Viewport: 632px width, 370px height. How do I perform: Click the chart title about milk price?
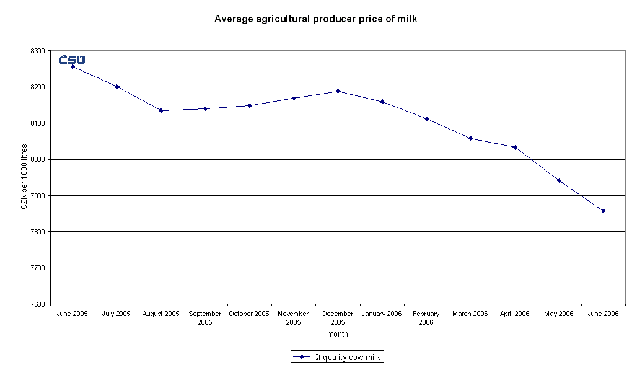click(x=315, y=19)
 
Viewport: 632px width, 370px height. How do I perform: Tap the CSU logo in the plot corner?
click(x=72, y=59)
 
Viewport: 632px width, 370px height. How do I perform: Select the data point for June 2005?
click(x=72, y=66)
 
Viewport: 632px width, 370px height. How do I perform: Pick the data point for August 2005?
click(x=161, y=110)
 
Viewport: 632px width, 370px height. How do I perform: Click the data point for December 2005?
click(x=338, y=91)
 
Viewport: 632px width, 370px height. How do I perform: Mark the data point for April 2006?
click(x=515, y=147)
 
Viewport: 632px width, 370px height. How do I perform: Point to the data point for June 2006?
click(x=603, y=211)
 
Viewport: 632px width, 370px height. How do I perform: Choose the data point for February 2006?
click(x=426, y=118)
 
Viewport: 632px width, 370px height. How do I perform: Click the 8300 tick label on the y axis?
click(x=38, y=51)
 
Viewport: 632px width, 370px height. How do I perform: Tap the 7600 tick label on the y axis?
click(x=38, y=304)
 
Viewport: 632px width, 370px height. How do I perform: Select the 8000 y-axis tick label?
click(x=38, y=159)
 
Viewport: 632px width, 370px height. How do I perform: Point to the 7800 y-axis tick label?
click(x=38, y=232)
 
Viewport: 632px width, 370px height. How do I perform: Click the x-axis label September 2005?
click(x=205, y=318)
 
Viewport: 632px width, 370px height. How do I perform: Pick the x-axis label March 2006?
click(x=470, y=314)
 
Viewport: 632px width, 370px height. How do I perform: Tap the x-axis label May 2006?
click(x=559, y=314)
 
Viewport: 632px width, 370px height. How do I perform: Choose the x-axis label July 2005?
click(x=116, y=314)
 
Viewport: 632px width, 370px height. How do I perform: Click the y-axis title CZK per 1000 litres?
click(x=24, y=177)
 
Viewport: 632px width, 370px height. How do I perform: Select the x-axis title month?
click(x=338, y=334)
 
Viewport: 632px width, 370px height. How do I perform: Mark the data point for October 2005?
click(x=250, y=105)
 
